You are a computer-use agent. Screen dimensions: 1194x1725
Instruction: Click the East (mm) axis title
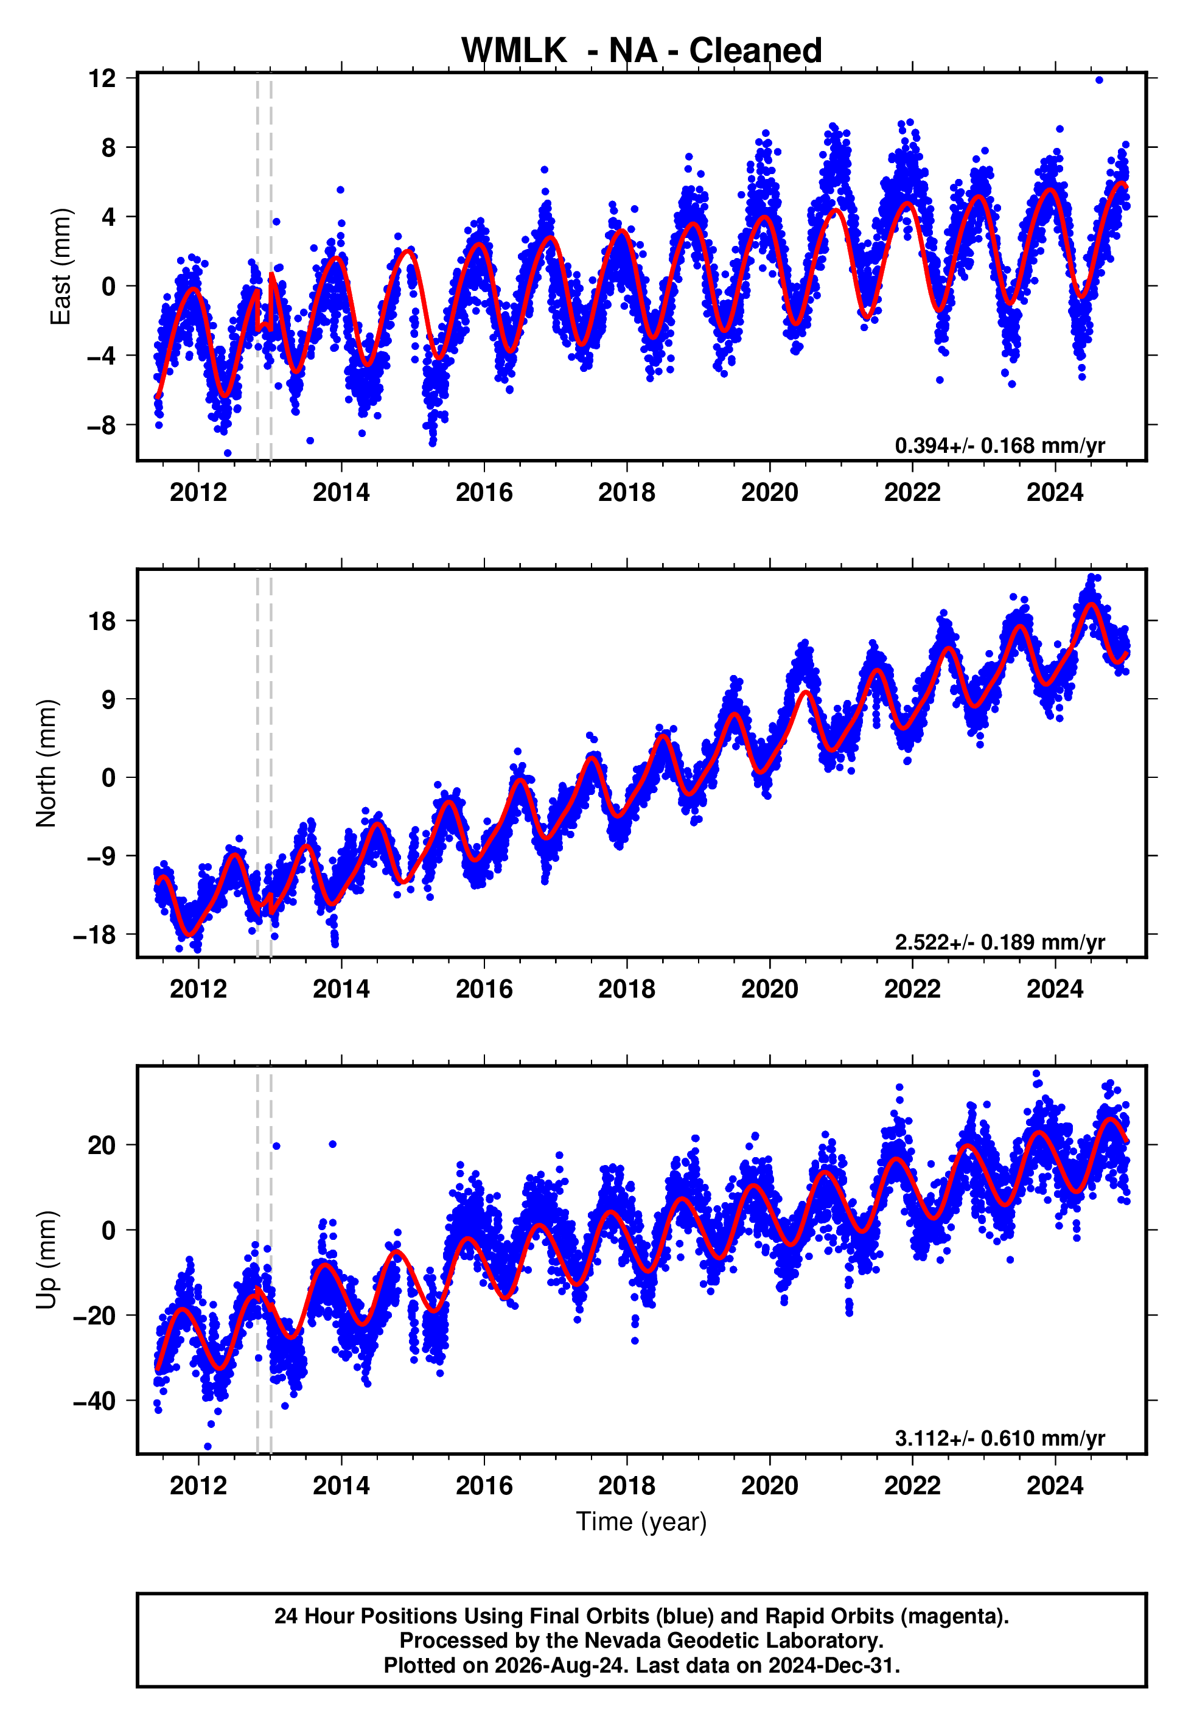click(61, 267)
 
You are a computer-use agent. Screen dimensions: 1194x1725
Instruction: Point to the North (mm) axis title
click(46, 763)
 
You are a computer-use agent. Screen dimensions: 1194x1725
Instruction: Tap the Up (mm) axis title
click(46, 1260)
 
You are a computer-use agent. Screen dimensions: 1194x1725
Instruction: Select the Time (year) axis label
click(641, 1522)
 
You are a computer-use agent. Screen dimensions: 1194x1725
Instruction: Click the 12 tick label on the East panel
click(102, 78)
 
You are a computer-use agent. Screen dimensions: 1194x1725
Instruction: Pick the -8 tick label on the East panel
click(102, 425)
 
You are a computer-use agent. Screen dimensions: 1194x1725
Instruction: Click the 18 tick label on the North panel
click(102, 621)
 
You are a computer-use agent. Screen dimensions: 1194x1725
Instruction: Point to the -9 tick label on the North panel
click(102, 856)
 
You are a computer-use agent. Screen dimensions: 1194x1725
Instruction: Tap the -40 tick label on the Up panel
click(95, 1401)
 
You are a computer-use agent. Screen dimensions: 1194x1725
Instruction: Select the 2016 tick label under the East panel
click(484, 492)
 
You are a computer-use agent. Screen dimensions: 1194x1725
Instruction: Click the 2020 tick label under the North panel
click(770, 989)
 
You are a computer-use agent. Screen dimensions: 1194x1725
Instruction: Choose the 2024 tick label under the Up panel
click(1055, 1486)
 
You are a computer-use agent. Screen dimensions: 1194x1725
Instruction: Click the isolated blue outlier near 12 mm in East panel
click(1099, 80)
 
